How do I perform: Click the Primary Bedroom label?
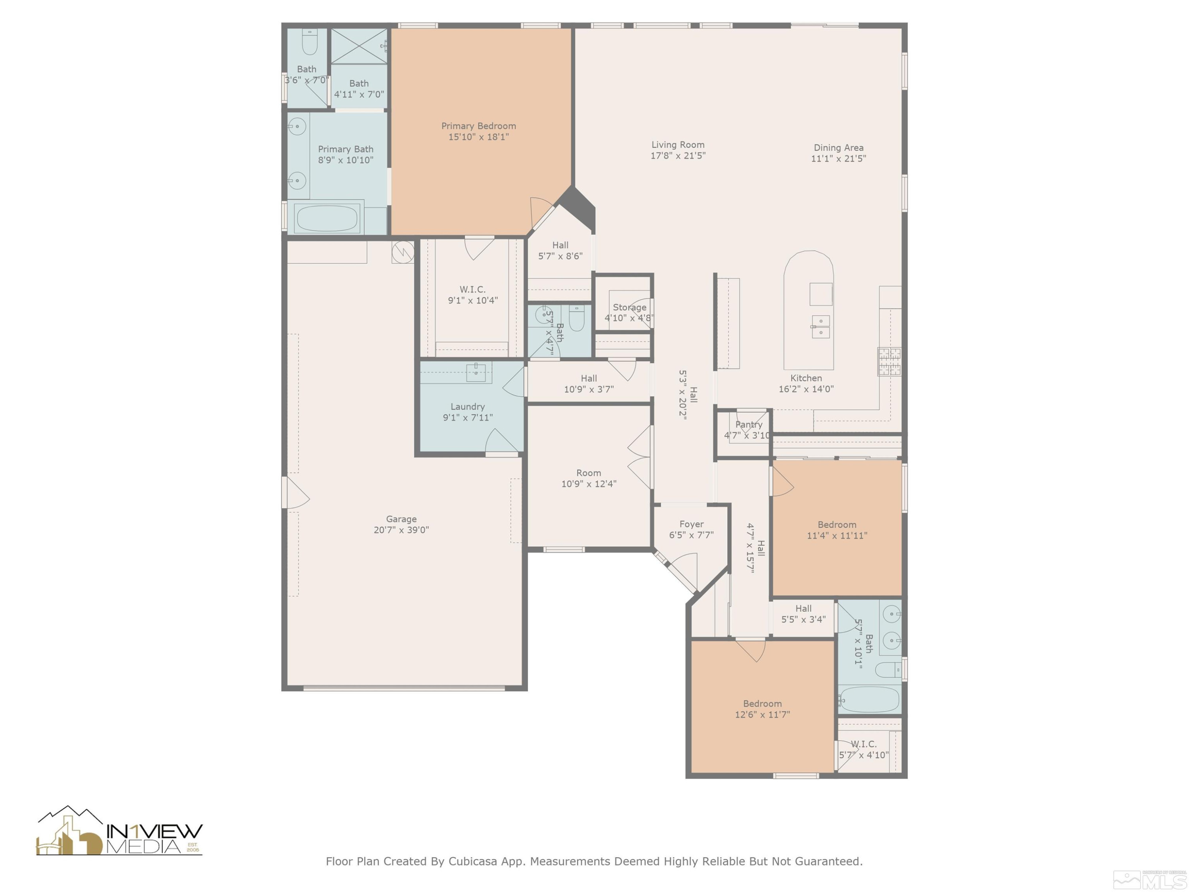(478, 126)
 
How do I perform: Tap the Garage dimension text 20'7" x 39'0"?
(401, 530)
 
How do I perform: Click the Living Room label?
(678, 145)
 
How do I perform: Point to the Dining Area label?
(838, 147)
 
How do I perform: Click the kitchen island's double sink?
(820, 326)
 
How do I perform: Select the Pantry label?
(748, 425)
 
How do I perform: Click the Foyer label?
(691, 524)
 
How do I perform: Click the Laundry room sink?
(476, 372)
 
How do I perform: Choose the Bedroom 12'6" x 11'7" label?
(762, 709)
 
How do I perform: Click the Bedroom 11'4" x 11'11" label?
(837, 530)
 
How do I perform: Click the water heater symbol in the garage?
(403, 252)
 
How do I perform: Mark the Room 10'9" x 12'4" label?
(589, 479)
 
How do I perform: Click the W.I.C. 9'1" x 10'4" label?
(472, 295)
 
